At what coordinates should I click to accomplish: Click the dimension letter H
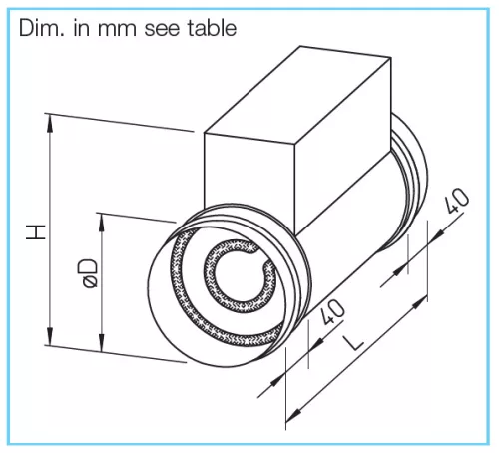[36, 232]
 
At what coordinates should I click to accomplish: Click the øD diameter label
[88, 273]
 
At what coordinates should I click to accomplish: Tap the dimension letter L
[353, 343]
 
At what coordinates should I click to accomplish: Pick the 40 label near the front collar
[333, 311]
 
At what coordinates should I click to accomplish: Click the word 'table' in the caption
[212, 28]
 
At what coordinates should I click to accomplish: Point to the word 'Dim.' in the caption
[41, 28]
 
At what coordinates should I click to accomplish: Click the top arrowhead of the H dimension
[50, 123]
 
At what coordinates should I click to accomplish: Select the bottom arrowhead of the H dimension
[50, 336]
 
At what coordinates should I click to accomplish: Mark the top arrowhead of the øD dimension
[101, 223]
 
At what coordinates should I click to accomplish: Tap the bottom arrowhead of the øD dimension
[101, 342]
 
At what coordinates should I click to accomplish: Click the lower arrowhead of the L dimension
[293, 414]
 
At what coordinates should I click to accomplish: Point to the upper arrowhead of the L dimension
[420, 303]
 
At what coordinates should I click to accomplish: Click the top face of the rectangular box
[297, 96]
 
